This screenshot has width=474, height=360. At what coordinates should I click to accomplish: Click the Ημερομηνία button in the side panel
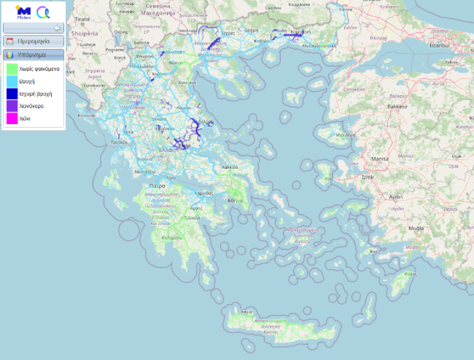point(34,41)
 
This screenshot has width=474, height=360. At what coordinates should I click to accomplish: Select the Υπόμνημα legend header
point(34,55)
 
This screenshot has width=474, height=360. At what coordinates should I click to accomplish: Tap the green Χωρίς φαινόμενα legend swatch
point(12,69)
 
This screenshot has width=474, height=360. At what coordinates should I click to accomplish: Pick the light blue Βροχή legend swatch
point(12,81)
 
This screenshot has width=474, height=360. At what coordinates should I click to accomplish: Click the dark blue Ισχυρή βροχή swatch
point(12,94)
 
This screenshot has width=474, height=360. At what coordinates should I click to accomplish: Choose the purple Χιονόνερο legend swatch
point(12,106)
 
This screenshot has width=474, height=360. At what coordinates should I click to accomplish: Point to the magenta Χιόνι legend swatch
point(12,119)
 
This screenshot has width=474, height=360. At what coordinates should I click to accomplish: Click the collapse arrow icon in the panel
point(57,28)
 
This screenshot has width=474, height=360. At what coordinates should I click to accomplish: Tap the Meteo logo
point(23,12)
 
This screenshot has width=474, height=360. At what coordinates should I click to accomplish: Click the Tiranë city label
point(81,20)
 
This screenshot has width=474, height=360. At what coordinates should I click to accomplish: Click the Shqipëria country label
point(85,32)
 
